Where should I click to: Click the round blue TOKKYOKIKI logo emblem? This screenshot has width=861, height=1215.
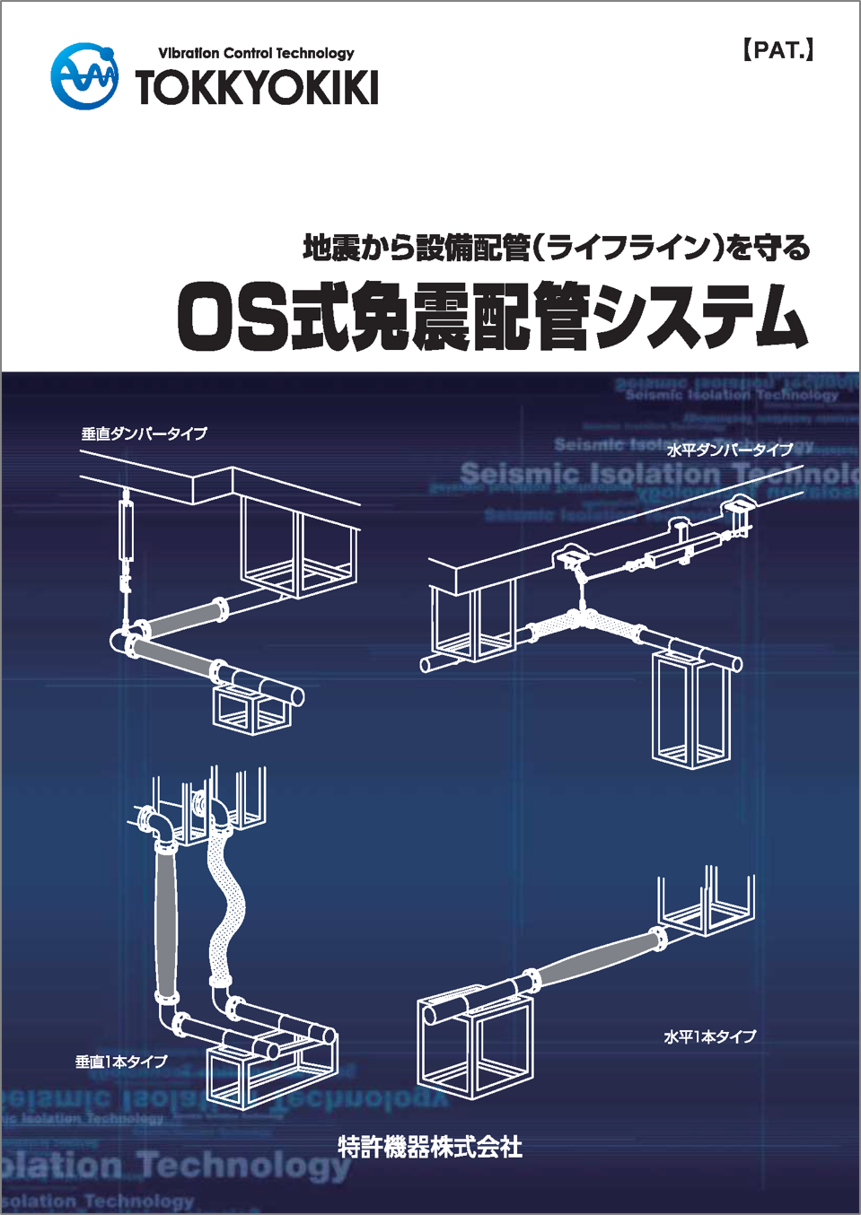84,76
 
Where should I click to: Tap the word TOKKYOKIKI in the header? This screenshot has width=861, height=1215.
257,88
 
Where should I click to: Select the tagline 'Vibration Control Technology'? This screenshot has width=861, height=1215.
256,53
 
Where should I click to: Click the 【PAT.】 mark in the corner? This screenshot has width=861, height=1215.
778,50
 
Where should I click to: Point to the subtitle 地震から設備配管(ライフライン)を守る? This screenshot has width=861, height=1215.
556,247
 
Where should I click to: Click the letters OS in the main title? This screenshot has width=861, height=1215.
233,317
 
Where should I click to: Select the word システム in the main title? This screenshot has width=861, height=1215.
699,317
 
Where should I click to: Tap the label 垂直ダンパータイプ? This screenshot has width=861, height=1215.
145,433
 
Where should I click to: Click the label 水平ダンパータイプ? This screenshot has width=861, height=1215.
729,450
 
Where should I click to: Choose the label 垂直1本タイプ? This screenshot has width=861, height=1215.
121,1062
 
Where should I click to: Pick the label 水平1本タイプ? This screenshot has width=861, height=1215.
709,1036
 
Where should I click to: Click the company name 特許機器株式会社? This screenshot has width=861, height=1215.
430,1147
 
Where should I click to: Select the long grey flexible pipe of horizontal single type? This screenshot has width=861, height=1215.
597,958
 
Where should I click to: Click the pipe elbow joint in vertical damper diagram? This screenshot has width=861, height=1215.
123,641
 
